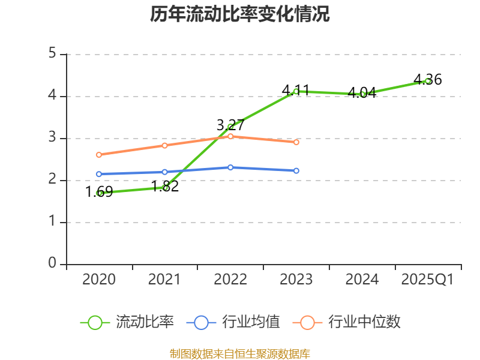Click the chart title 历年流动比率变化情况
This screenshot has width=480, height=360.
(240, 14)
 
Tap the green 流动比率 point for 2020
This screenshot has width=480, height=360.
(100, 193)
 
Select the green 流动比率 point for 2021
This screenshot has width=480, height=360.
(165, 188)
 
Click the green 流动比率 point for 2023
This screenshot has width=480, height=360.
(296, 91)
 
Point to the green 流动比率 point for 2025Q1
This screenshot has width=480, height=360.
(427, 80)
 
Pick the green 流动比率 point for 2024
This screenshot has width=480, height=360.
(362, 94)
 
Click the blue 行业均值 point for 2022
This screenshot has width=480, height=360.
(230, 167)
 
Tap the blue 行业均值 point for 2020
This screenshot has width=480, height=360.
(99, 174)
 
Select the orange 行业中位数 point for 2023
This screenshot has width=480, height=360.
(296, 142)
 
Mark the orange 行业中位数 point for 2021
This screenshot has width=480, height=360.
(165, 145)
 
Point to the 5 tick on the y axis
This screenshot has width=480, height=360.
(52, 54)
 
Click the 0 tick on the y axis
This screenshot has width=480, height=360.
(52, 264)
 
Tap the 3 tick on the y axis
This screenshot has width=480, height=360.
(52, 138)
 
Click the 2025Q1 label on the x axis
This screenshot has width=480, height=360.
(427, 280)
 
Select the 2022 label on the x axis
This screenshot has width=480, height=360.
(230, 280)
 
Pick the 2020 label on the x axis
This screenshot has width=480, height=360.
(99, 280)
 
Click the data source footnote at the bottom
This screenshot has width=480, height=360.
(240, 353)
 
